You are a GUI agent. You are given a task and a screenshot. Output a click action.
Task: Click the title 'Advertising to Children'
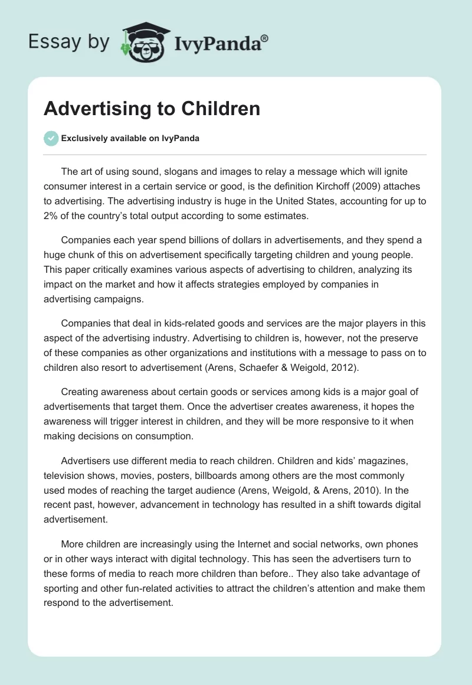tap(152, 109)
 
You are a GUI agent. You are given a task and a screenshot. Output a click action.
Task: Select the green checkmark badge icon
tap(51, 138)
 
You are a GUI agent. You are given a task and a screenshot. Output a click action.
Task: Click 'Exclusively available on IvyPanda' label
tap(130, 139)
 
